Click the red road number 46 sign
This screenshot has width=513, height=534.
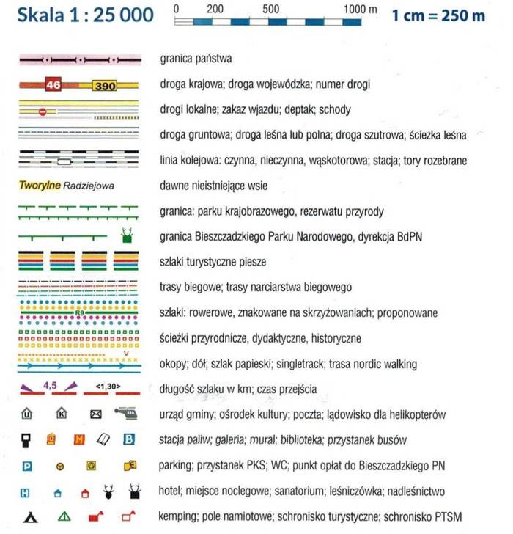pyautogui.click(x=53, y=84)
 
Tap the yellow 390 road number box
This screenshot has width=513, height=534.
pyautogui.click(x=104, y=86)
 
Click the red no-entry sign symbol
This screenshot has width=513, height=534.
pyautogui.click(x=43, y=111)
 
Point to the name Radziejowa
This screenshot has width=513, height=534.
pyautogui.click(x=89, y=186)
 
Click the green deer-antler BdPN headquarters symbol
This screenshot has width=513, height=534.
pyautogui.click(x=127, y=235)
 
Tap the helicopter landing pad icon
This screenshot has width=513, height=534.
pyautogui.click(x=127, y=414)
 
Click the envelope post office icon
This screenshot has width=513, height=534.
pyautogui.click(x=95, y=414)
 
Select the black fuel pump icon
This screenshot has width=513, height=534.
pyautogui.click(x=26, y=439)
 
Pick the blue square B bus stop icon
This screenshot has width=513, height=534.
pyautogui.click(x=130, y=439)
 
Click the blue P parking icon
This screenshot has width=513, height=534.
pyautogui.click(x=27, y=465)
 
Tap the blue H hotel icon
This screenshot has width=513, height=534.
pyautogui.click(x=26, y=491)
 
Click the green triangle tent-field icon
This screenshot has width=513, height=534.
pyautogui.click(x=64, y=517)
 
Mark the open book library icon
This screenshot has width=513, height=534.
pyautogui.click(x=103, y=439)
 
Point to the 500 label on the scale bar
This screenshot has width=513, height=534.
pyautogui.click(x=271, y=10)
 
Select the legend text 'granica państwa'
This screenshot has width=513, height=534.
pyautogui.click(x=196, y=58)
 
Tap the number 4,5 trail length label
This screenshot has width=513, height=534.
pyautogui.click(x=50, y=384)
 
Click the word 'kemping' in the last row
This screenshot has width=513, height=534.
pyautogui.click(x=177, y=517)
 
